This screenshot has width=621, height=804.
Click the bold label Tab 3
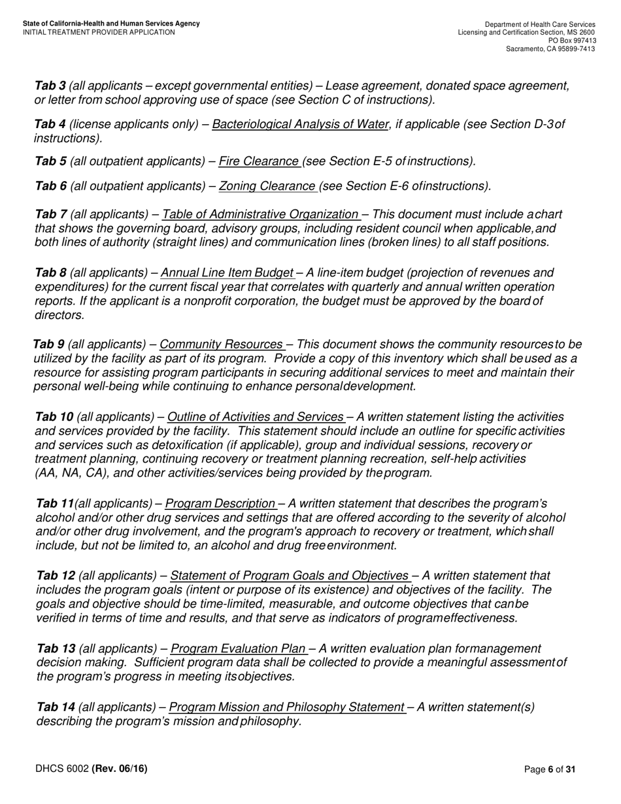pos(50,86)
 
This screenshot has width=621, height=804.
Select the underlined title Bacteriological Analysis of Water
pos(300,124)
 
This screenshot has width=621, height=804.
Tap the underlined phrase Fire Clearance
pos(259,161)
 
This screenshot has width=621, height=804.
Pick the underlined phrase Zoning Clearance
pos(267,186)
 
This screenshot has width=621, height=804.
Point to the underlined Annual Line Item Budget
pos(227,273)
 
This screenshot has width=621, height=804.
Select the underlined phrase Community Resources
pos(222,344)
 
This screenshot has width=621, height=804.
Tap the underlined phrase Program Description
pos(220,503)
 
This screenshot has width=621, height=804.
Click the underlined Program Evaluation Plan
pos(239,648)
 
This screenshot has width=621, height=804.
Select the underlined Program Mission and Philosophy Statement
pos(287,707)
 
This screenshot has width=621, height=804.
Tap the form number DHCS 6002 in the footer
pos(62,769)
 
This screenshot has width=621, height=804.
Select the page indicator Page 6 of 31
pos(550,770)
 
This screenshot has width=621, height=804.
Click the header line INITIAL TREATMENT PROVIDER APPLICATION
pos(99,32)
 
